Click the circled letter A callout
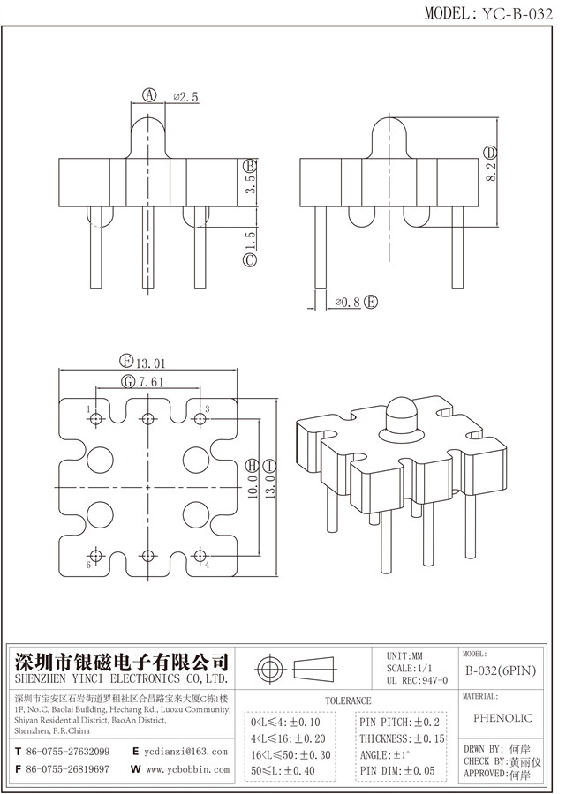pos(150,96)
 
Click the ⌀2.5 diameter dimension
pos(184,96)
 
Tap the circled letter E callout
pos(371,303)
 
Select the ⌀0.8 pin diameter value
pos(347,303)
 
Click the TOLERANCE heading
pos(349,700)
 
